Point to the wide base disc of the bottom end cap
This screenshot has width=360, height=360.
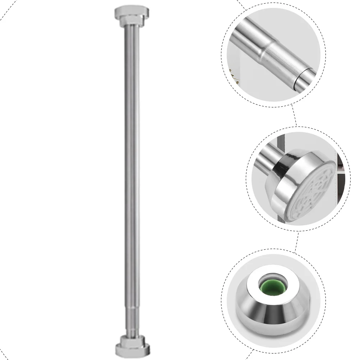[131, 349]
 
